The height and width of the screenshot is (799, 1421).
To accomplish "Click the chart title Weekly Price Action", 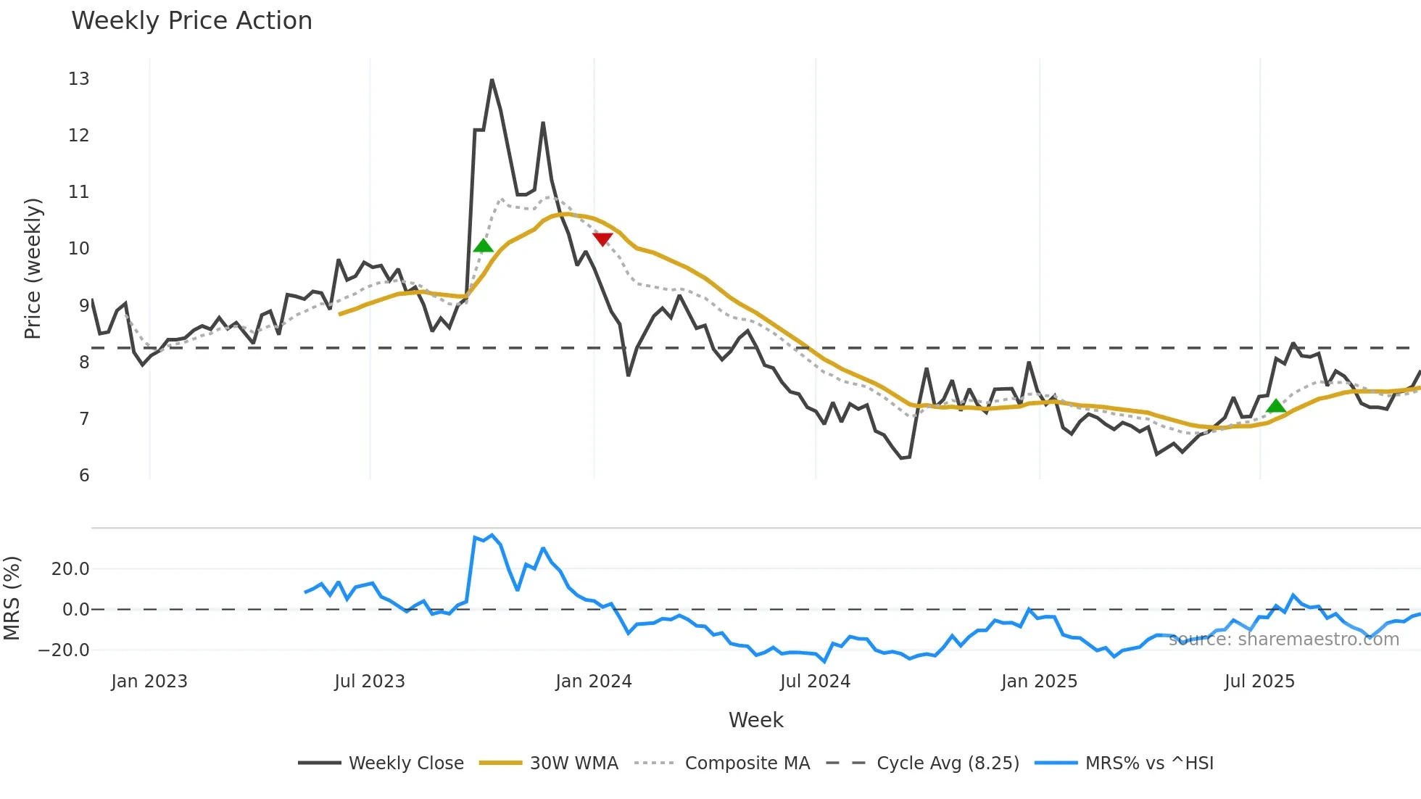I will pyautogui.click(x=191, y=21).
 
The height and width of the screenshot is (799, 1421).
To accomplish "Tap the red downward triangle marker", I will pyautogui.click(x=602, y=239).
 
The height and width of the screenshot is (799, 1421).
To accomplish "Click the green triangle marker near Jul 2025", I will pyautogui.click(x=1275, y=406).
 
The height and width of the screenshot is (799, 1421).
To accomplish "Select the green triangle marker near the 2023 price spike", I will pyautogui.click(x=483, y=246).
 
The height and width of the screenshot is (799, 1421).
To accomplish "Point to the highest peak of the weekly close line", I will pyautogui.click(x=492, y=80).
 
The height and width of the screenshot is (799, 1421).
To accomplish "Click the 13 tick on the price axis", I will pyautogui.click(x=78, y=79).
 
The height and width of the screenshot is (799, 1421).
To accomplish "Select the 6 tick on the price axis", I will pyautogui.click(x=84, y=476).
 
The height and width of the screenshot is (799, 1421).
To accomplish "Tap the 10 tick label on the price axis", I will pyautogui.click(x=78, y=249).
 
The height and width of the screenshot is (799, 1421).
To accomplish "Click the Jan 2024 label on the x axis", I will pyautogui.click(x=594, y=682).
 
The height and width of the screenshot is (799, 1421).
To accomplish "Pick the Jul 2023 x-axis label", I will pyautogui.click(x=370, y=682).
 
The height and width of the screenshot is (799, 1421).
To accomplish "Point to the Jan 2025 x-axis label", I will pyautogui.click(x=1039, y=682).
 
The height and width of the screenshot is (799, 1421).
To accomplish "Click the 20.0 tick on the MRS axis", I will pyautogui.click(x=70, y=569).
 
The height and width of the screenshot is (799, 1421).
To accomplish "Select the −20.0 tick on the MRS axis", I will pyautogui.click(x=64, y=650).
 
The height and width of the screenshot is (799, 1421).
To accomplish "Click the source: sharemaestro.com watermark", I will pyautogui.click(x=1283, y=639).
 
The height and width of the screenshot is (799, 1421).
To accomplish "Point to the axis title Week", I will pyautogui.click(x=755, y=720).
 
